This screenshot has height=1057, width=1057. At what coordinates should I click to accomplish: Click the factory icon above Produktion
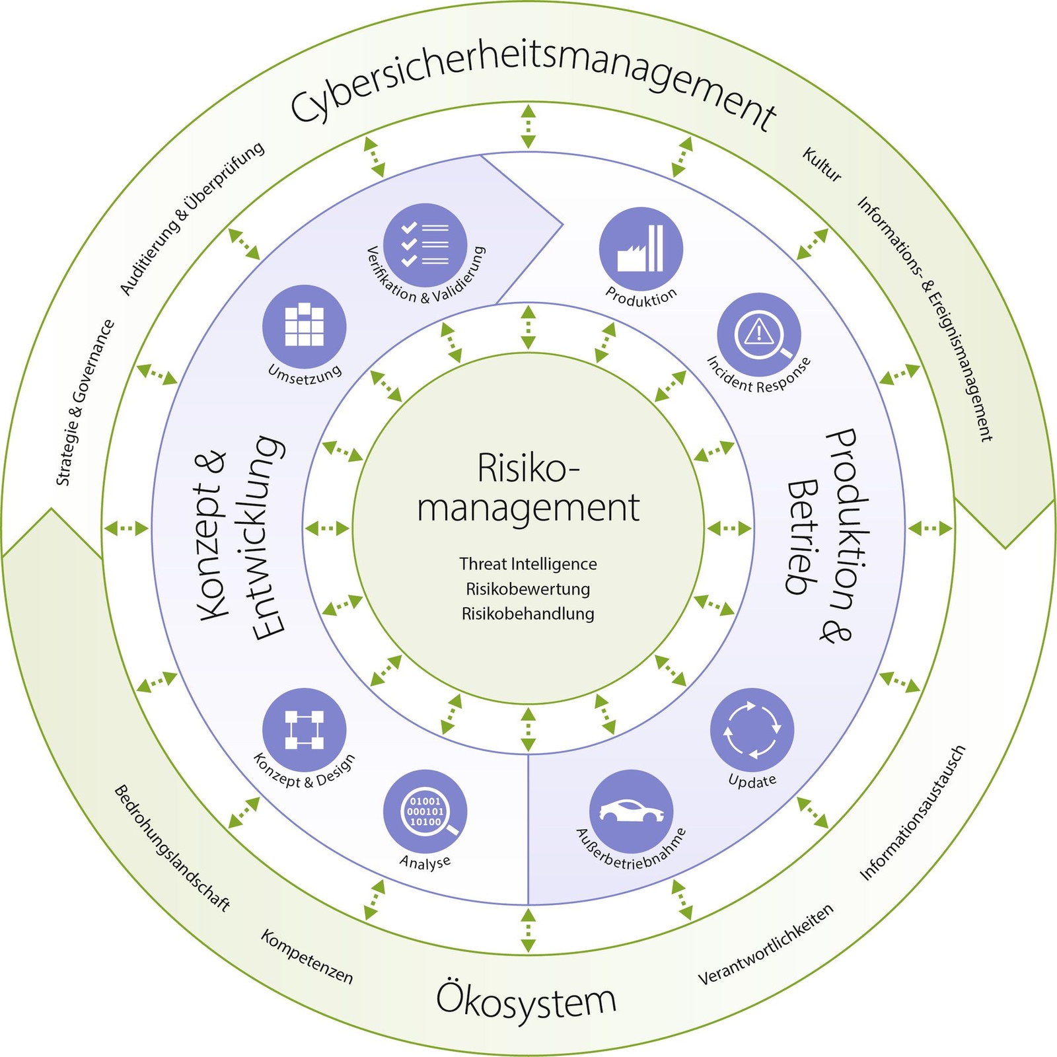(x=640, y=248)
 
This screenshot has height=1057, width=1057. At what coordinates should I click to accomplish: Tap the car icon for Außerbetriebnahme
(x=631, y=811)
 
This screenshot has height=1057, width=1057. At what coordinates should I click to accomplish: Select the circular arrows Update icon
(x=752, y=729)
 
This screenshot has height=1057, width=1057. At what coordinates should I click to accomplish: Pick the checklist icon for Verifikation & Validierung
(x=425, y=245)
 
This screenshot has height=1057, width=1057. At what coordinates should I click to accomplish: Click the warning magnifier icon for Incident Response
(x=759, y=334)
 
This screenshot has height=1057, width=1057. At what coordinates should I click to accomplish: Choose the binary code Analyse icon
(x=425, y=811)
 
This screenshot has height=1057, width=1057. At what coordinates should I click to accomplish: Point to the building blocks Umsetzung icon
(x=304, y=326)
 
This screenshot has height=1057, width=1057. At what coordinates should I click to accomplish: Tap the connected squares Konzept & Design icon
(x=304, y=729)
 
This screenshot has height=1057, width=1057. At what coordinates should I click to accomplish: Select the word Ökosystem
(x=526, y=1000)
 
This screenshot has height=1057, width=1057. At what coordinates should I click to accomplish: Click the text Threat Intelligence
(x=528, y=564)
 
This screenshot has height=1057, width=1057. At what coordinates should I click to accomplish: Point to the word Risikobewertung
(x=528, y=589)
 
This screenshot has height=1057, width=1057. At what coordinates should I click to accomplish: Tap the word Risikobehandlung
(x=528, y=614)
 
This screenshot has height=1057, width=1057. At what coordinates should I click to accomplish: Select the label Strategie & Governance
(x=85, y=404)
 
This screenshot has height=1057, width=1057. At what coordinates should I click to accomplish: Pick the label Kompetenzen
(x=307, y=956)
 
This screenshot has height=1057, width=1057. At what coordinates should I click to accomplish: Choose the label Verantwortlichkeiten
(x=766, y=945)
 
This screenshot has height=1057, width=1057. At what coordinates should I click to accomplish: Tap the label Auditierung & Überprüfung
(x=192, y=218)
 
